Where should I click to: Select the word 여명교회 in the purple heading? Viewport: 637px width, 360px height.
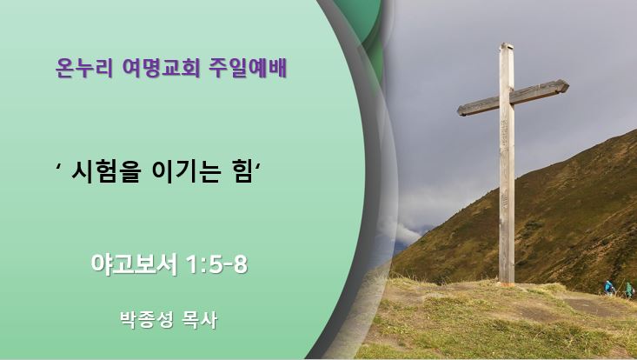pyautogui.click(x=161, y=68)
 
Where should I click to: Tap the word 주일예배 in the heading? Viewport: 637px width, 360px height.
pyautogui.click(x=248, y=68)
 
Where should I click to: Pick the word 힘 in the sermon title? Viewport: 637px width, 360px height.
pyautogui.click(x=242, y=172)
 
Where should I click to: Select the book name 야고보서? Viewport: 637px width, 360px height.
pyautogui.click(x=134, y=264)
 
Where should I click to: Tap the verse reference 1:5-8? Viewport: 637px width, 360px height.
pyautogui.click(x=216, y=264)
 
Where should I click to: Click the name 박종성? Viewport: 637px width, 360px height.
pyautogui.click(x=147, y=320)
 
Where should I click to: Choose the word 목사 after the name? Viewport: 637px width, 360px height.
pyautogui.click(x=200, y=320)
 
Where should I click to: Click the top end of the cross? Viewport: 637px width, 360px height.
pyautogui.click(x=507, y=43)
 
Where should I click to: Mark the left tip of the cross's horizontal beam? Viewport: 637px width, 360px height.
pyautogui.click(x=458, y=110)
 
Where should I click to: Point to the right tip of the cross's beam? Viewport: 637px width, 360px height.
pyautogui.click(x=568, y=85)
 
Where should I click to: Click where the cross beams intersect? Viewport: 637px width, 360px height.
pyautogui.click(x=507, y=97)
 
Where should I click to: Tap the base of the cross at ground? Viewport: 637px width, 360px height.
pyautogui.click(x=506, y=282)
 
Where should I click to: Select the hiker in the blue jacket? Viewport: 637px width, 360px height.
pyautogui.click(x=608, y=288)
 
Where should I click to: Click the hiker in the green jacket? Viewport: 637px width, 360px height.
pyautogui.click(x=629, y=290)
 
